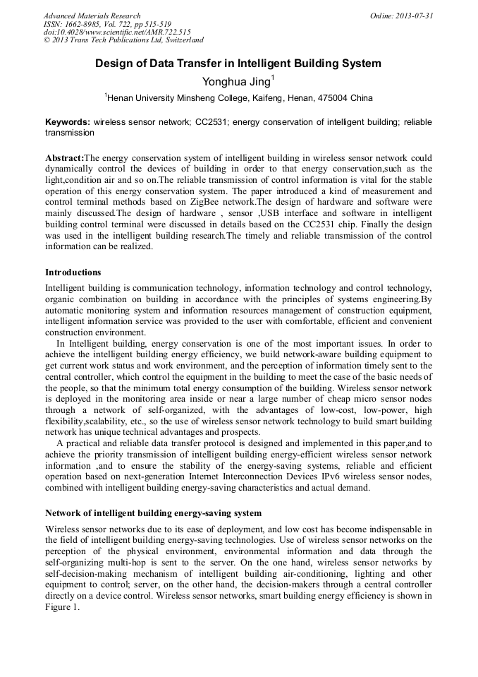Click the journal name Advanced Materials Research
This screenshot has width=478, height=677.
point(92,16)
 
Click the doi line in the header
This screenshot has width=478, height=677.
point(117,32)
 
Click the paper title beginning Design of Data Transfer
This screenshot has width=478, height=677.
point(238,64)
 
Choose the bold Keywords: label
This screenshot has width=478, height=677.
point(68,122)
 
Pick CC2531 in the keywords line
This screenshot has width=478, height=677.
point(209,122)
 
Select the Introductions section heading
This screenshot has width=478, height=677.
point(73,272)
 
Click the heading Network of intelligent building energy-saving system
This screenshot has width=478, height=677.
point(153,513)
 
